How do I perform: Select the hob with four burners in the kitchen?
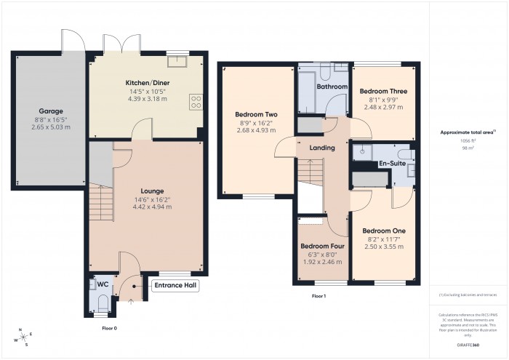(196, 100)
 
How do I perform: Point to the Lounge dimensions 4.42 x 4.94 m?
(152, 207)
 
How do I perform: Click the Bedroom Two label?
(257, 114)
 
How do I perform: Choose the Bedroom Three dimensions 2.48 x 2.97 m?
(383, 107)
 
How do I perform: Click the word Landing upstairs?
(322, 148)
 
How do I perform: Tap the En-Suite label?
(391, 164)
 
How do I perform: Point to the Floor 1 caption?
(318, 297)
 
